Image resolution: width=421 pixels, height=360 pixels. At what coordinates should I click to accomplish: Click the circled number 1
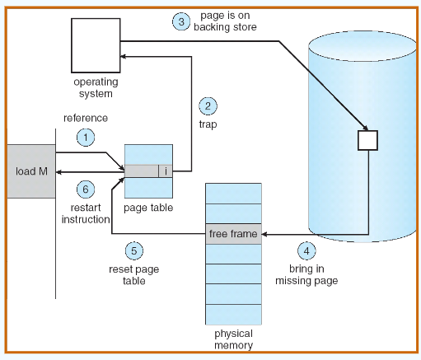pos(86,138)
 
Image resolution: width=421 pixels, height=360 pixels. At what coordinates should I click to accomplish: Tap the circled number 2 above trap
pos(208,106)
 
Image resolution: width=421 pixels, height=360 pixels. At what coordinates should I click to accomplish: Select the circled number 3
pos(181,21)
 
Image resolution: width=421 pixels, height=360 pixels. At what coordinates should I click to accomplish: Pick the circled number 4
pos(306,250)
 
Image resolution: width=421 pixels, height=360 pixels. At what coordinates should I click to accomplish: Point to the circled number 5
pos(134,250)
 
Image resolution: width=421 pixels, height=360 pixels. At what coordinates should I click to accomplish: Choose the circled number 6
pos(86,189)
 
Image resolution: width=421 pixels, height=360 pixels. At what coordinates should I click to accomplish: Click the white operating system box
pos(96,45)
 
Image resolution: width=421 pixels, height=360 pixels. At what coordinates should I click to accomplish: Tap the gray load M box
pos(31,171)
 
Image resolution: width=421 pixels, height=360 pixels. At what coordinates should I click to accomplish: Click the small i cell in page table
pos(166,171)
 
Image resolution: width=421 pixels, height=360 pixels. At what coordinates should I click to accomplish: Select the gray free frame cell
pos(233,234)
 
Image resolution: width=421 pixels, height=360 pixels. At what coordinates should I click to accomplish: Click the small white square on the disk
pos(367,140)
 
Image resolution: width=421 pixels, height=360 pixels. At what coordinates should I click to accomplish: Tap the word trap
pos(208,124)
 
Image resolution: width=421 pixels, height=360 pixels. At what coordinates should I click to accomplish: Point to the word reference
pos(86,118)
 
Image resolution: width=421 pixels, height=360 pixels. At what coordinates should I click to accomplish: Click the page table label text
pos(148,208)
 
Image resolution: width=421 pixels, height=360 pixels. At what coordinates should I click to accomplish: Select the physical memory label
pos(233,339)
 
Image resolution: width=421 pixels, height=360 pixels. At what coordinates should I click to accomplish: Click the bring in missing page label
pos(306,274)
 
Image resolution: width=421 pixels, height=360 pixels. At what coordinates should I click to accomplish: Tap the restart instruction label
pos(86,213)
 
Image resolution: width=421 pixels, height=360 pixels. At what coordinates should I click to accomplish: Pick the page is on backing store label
pos(225,21)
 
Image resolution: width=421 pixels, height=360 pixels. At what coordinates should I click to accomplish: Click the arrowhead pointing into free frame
pos(264,234)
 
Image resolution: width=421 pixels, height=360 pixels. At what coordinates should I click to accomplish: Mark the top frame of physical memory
pos(233,194)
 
